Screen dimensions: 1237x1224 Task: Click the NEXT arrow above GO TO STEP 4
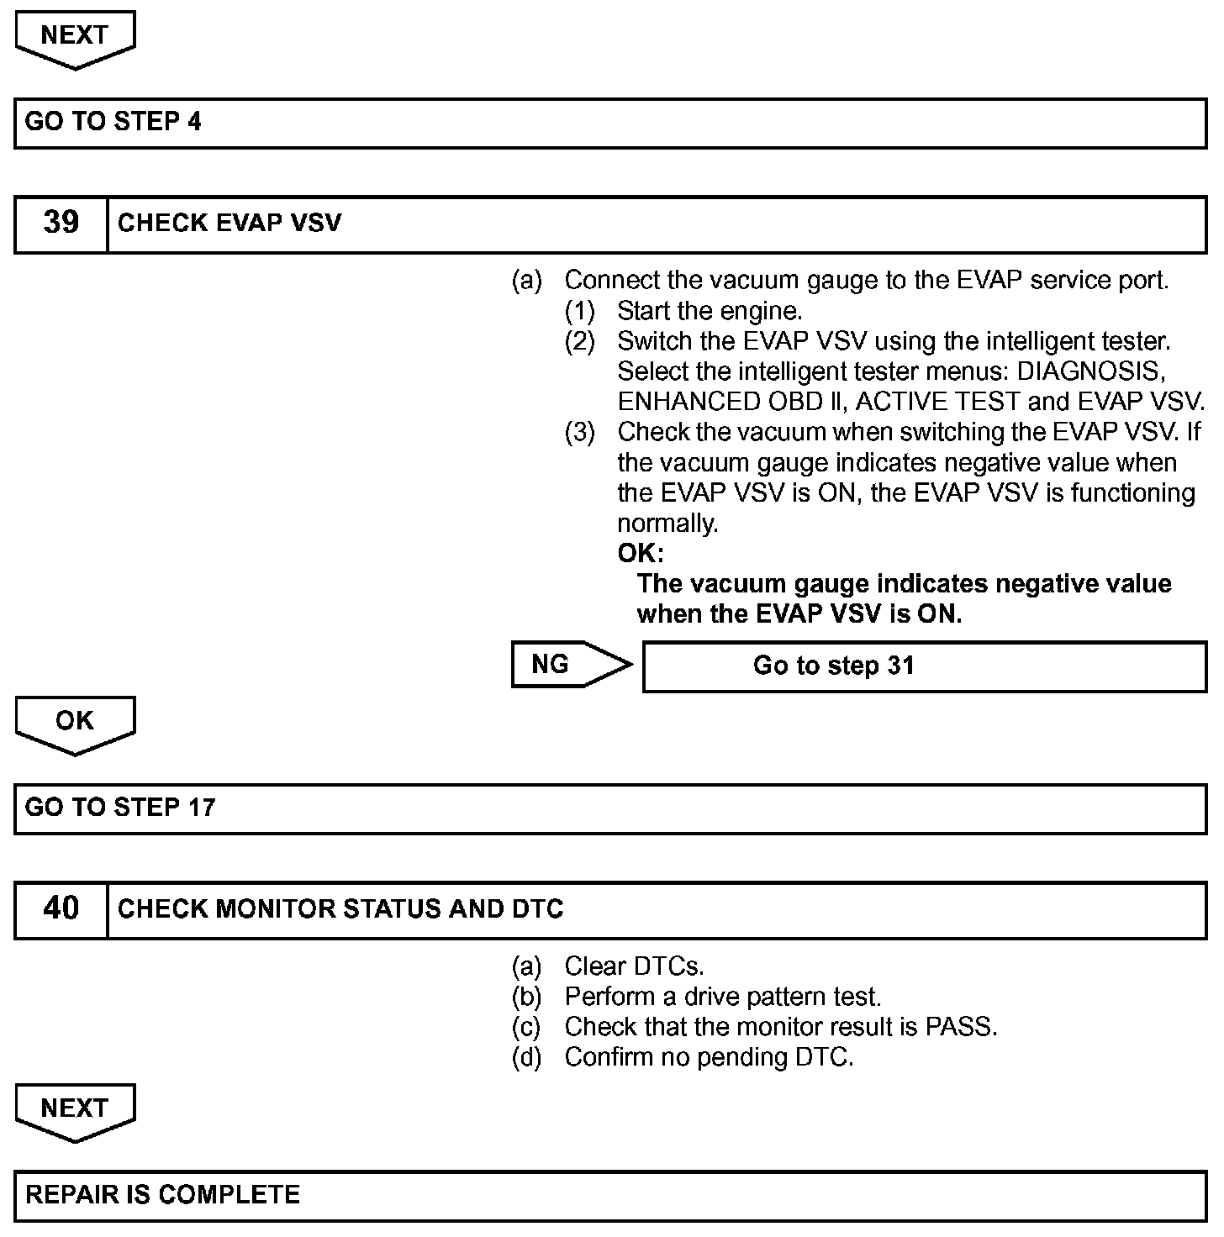75,39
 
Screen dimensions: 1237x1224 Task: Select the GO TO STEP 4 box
610,123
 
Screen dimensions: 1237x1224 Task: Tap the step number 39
61,223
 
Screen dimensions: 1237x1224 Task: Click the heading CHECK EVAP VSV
229,223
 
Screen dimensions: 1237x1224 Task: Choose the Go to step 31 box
924,666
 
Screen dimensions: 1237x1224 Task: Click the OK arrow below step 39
75,724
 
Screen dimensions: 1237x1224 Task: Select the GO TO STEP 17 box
610,808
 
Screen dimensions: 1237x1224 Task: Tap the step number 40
61,908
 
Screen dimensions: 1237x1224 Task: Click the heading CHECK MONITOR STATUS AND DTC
340,909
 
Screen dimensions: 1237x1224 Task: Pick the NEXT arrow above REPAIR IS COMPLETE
75,1111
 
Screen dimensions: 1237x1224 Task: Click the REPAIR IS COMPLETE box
610,1196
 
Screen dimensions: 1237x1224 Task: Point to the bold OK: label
640,554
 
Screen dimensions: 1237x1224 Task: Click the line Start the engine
710,311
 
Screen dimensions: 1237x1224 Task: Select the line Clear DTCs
634,966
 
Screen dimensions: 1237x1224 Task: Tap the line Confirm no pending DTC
709,1057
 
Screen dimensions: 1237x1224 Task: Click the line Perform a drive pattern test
722,997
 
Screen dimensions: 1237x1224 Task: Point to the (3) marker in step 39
579,433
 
